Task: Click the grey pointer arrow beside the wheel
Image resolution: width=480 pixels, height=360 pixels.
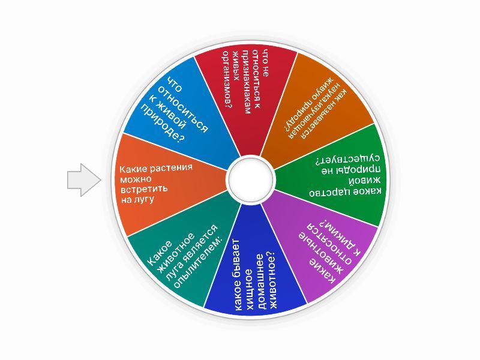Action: (x=84, y=180)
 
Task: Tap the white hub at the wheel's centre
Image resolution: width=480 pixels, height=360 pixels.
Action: (x=250, y=179)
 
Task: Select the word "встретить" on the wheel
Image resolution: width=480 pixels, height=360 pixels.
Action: (x=144, y=188)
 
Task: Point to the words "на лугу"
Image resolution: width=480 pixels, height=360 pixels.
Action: (x=137, y=200)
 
